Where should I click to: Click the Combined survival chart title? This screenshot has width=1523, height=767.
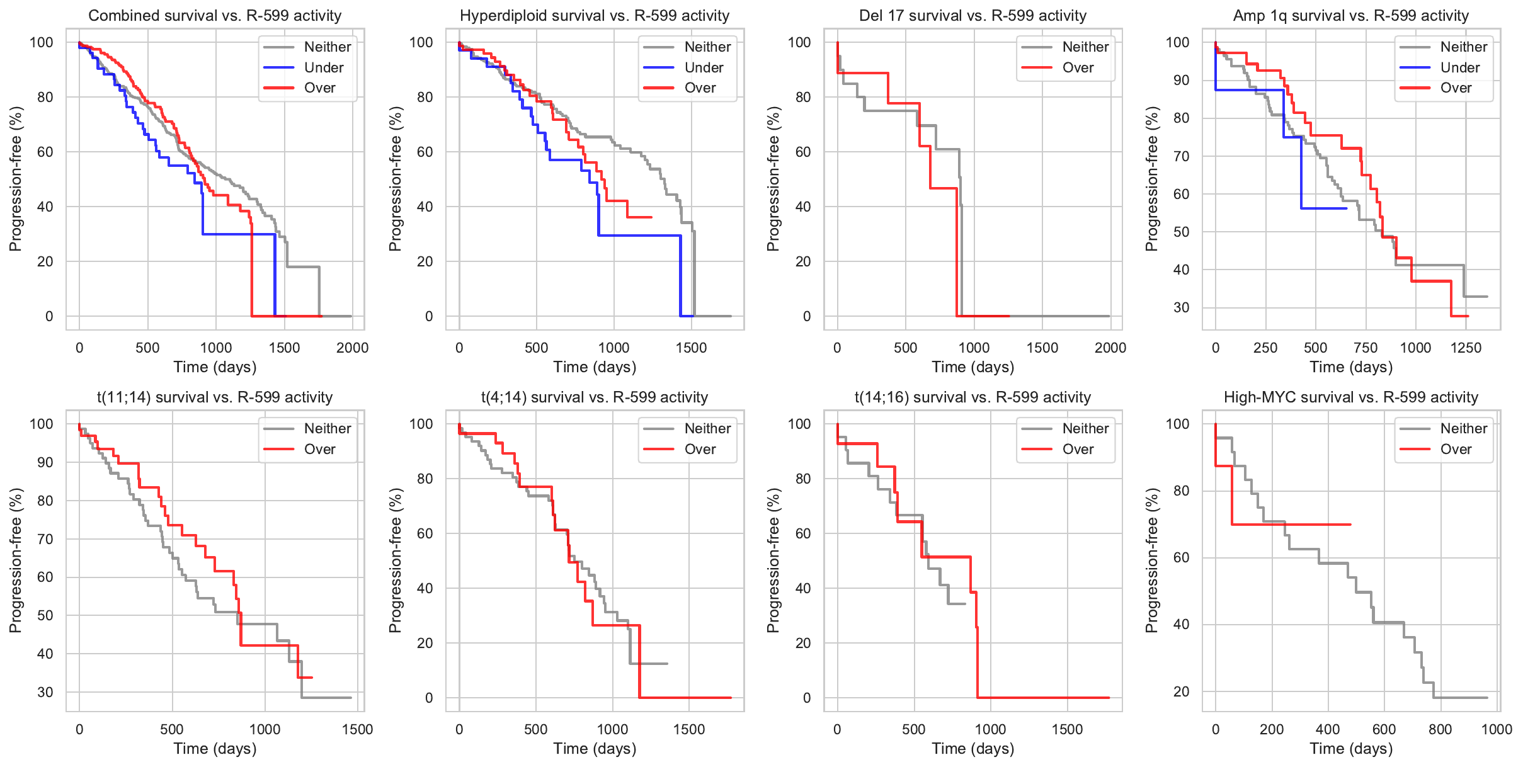[x=215, y=16]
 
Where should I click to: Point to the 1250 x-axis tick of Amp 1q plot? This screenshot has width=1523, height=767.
[x=1466, y=348]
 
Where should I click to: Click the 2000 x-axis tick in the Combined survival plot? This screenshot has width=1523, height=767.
[x=352, y=348]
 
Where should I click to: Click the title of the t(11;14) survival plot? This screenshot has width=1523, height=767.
[x=215, y=397]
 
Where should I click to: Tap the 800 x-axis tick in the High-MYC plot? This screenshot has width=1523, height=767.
[x=1440, y=729]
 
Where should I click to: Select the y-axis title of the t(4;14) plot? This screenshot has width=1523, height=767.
[x=395, y=560]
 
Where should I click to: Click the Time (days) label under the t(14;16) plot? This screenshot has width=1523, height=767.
[x=973, y=749]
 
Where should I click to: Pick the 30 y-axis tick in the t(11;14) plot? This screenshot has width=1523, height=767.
[x=45, y=692]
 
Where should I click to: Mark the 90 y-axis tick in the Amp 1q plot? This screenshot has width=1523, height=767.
[x=1181, y=80]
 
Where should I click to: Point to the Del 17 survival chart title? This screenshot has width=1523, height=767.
[x=973, y=16]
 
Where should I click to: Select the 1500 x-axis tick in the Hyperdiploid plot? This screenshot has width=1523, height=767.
[x=691, y=348]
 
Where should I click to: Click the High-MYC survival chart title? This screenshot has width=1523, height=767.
[x=1350, y=397]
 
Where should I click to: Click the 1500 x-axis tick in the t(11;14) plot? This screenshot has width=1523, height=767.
[x=357, y=729]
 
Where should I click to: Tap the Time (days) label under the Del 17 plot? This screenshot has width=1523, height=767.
[x=973, y=367]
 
